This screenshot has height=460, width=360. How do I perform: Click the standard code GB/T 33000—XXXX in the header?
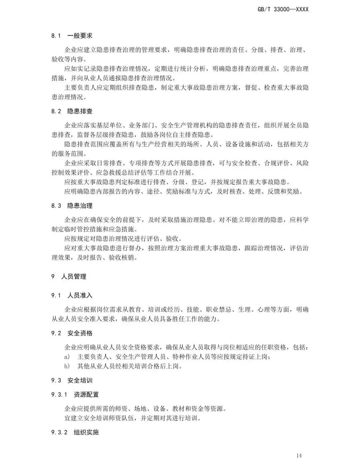tap(283, 9)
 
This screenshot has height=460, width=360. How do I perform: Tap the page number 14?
tap(299, 455)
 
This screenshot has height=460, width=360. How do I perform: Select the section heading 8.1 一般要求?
tap(72, 36)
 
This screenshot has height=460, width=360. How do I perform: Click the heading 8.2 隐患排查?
tap(72, 111)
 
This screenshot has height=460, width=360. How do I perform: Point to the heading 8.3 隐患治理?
tap(72, 205)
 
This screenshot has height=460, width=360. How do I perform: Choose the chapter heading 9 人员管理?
tap(69, 277)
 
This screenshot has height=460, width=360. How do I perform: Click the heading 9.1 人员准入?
tap(72, 296)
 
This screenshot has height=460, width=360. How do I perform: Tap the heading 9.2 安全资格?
tap(72, 333)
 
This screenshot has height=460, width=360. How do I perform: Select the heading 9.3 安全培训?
tap(72, 381)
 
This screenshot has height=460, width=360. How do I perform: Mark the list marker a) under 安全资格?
tap(67, 357)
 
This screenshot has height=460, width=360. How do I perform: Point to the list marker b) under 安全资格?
tap(67, 366)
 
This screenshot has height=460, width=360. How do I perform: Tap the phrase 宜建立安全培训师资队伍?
tap(100, 418)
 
